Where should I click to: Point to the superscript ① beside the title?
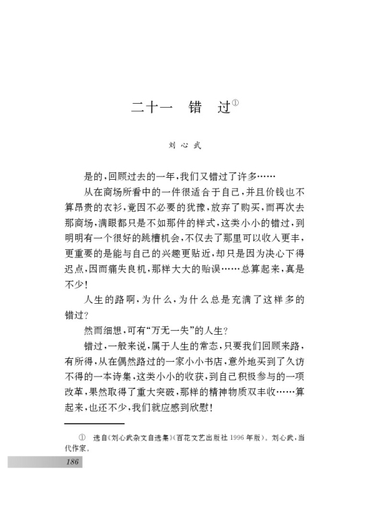click(x=236, y=103)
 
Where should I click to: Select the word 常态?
click(x=212, y=346)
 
